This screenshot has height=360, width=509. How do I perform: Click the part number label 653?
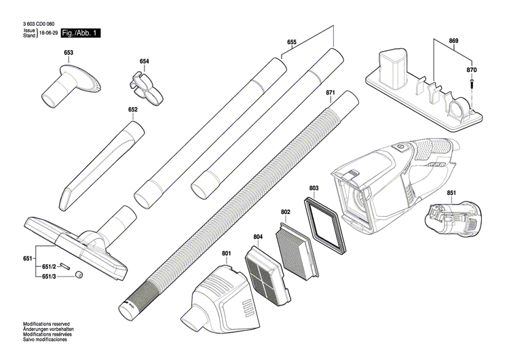pos(69,52)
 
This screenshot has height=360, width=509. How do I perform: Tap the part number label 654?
pos(144,62)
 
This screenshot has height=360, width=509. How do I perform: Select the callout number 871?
pos(331,92)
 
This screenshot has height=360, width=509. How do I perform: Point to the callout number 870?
pos(472,71)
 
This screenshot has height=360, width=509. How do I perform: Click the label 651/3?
pos(50,276)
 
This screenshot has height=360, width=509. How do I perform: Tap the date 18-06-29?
pos(48,32)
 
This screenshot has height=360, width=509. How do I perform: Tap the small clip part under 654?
pos(144,83)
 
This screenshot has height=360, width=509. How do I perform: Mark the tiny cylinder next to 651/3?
pos(79,274)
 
